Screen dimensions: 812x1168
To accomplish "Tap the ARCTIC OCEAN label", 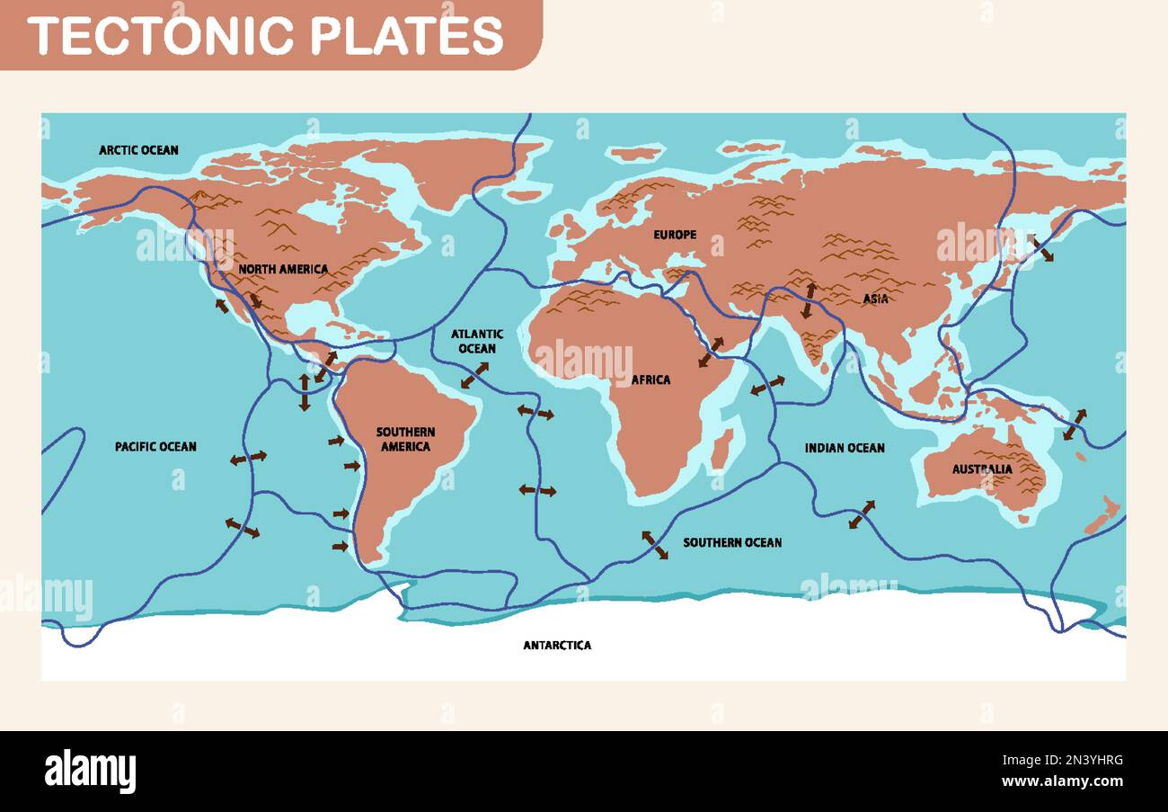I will pos(138,150).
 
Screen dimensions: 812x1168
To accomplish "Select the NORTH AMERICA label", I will pos(283,269).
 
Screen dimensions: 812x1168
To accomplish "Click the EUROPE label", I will pos(675,235).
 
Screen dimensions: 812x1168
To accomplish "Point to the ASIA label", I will pos(875,299).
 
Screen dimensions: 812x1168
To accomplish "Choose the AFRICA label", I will pos(650,379).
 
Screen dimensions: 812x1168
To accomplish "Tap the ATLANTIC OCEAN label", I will pos(477,341).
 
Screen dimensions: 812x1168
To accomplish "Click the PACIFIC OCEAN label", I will pos(155,446).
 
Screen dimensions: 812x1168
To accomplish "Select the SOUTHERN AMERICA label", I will pos(405,439).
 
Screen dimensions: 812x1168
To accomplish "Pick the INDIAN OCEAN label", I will pos(844,448).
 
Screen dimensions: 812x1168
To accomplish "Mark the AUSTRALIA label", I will pos(982,468).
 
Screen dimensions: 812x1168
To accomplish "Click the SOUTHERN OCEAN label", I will pos(732,542).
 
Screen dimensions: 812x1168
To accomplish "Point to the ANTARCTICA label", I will pos(557,645).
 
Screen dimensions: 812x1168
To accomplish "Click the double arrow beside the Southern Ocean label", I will pos(654,545).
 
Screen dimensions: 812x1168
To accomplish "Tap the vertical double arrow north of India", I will pos(809,300).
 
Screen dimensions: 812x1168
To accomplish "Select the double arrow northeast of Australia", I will pos(1074,424).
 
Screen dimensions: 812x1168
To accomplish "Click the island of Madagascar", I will pos(722,449).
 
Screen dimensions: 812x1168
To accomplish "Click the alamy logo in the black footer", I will pos(90,772).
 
